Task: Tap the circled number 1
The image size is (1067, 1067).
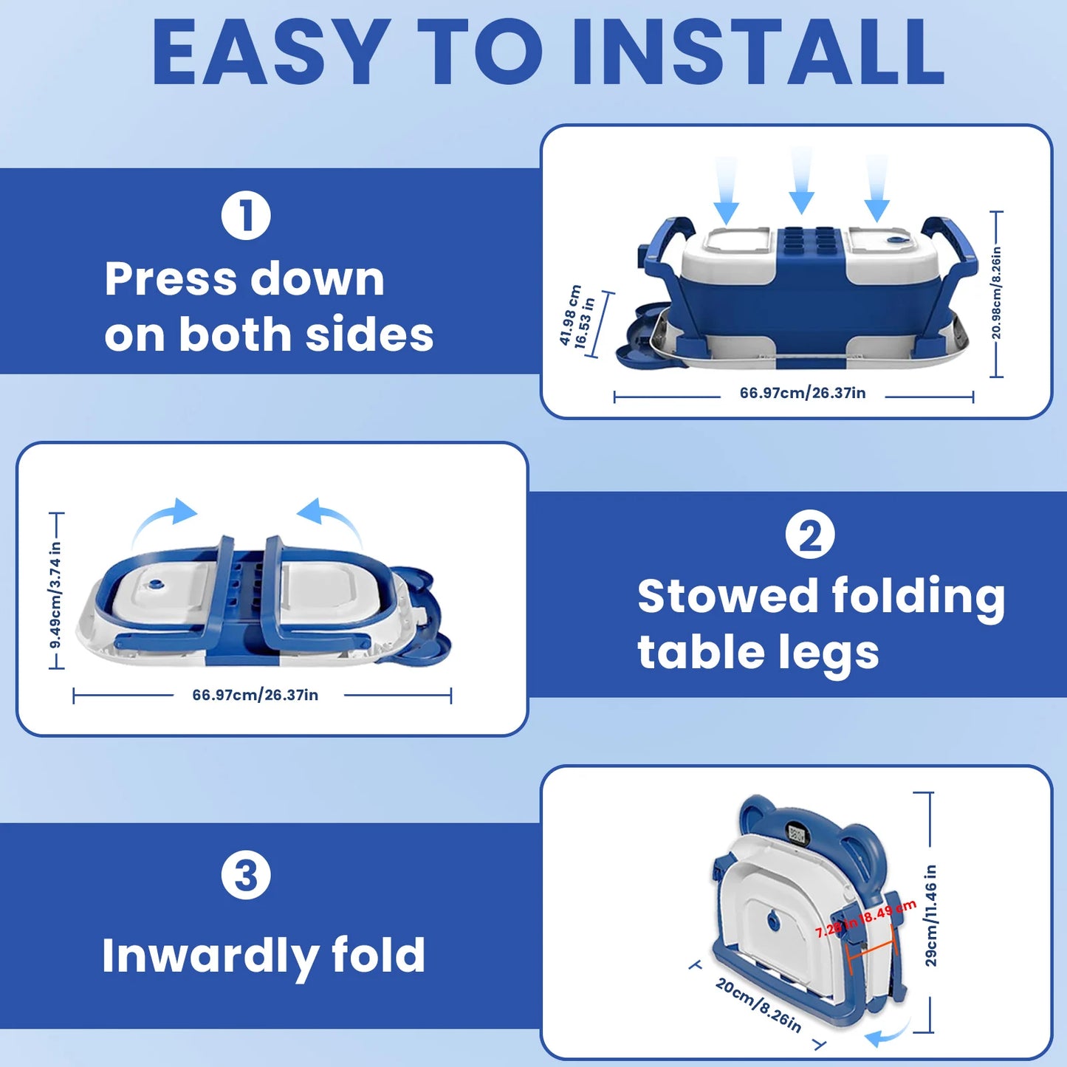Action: tap(246, 216)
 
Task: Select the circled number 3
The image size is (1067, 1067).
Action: tap(246, 876)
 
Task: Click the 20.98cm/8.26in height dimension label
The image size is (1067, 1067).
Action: tap(996, 294)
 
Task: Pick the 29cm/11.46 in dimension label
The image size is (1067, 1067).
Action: tap(930, 916)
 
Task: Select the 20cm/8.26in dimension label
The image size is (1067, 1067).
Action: tap(758, 1005)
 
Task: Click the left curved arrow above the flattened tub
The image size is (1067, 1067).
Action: tap(166, 520)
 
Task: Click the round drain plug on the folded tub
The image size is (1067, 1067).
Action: tap(774, 920)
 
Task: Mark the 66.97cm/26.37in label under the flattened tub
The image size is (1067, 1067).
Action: tap(255, 695)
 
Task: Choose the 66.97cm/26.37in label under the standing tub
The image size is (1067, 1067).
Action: tap(803, 393)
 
